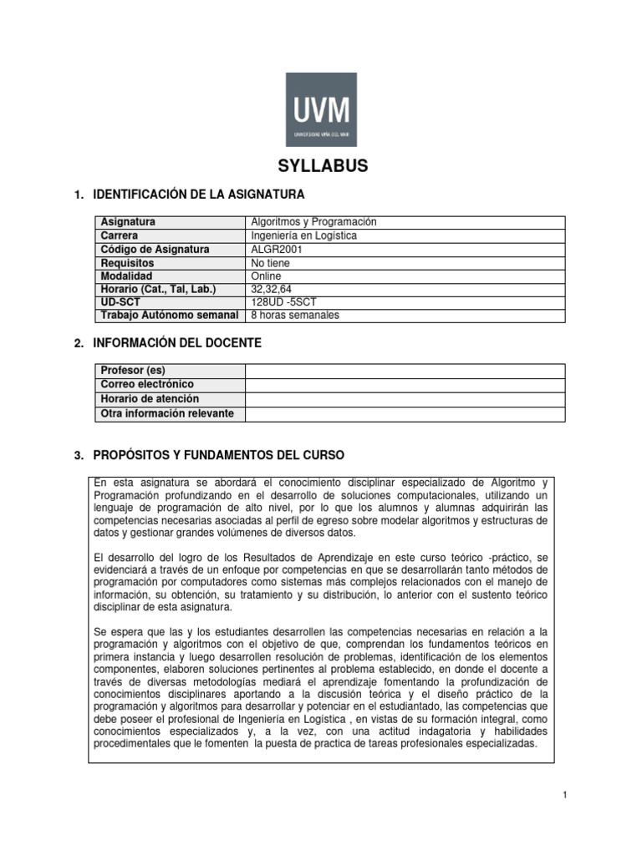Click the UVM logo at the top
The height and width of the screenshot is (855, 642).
point(321,109)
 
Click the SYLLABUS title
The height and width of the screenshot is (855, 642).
point(322,167)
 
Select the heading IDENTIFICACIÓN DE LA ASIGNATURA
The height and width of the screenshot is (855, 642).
point(199,195)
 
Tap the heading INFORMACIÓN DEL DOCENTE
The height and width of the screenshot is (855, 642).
point(177,343)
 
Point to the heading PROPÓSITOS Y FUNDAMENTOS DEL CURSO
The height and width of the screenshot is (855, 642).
point(218,455)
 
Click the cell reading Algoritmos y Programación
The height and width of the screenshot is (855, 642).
point(314,222)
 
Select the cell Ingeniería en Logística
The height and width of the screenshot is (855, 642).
point(304,235)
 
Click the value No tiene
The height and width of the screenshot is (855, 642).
point(270,262)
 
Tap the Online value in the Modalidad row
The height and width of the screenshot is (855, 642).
point(267,276)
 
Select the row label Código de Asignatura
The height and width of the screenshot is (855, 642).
point(155,249)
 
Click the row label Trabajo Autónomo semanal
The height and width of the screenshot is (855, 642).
point(170,316)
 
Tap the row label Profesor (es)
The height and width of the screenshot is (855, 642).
point(132,370)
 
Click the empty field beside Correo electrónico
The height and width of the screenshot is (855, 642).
point(405,384)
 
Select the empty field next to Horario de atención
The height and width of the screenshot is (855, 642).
point(405,399)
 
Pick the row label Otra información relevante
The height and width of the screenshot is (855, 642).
point(167,413)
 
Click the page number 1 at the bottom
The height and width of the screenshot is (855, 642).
point(565,794)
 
